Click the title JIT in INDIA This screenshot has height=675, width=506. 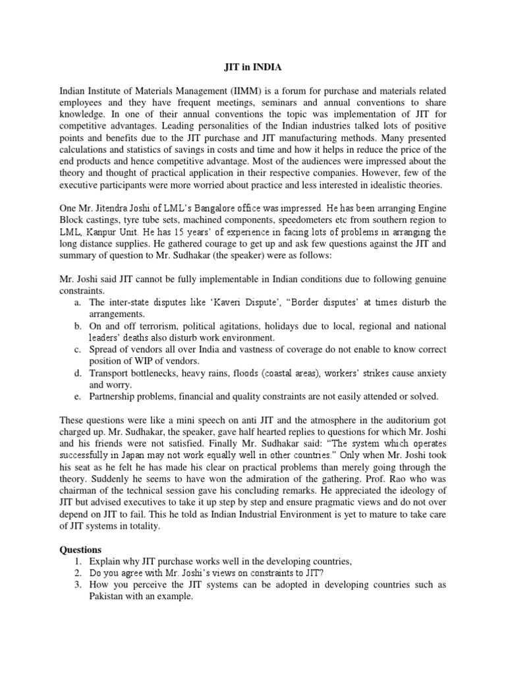coord(253,67)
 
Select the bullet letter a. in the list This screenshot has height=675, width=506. coord(77,302)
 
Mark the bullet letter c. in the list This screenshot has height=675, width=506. coord(77,349)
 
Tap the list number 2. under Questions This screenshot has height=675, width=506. coord(77,573)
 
